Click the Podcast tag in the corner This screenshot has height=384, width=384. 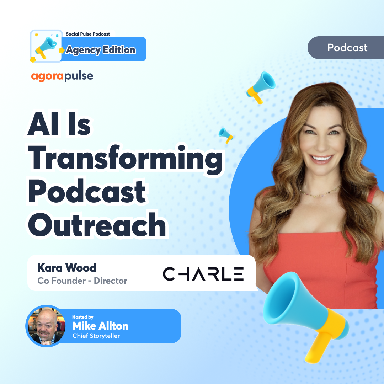(347, 48)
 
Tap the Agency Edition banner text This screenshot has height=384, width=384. (101, 50)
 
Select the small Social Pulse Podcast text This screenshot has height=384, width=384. (88, 34)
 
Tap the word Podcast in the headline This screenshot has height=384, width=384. (87, 192)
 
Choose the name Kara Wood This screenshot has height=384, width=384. (67, 267)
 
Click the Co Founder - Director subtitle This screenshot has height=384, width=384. (82, 281)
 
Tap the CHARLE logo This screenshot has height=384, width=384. (203, 274)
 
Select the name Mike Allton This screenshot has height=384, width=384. (100, 326)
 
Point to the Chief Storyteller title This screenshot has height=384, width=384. (96, 336)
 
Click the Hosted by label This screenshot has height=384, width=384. (83, 317)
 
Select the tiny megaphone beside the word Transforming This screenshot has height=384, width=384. (225, 134)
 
